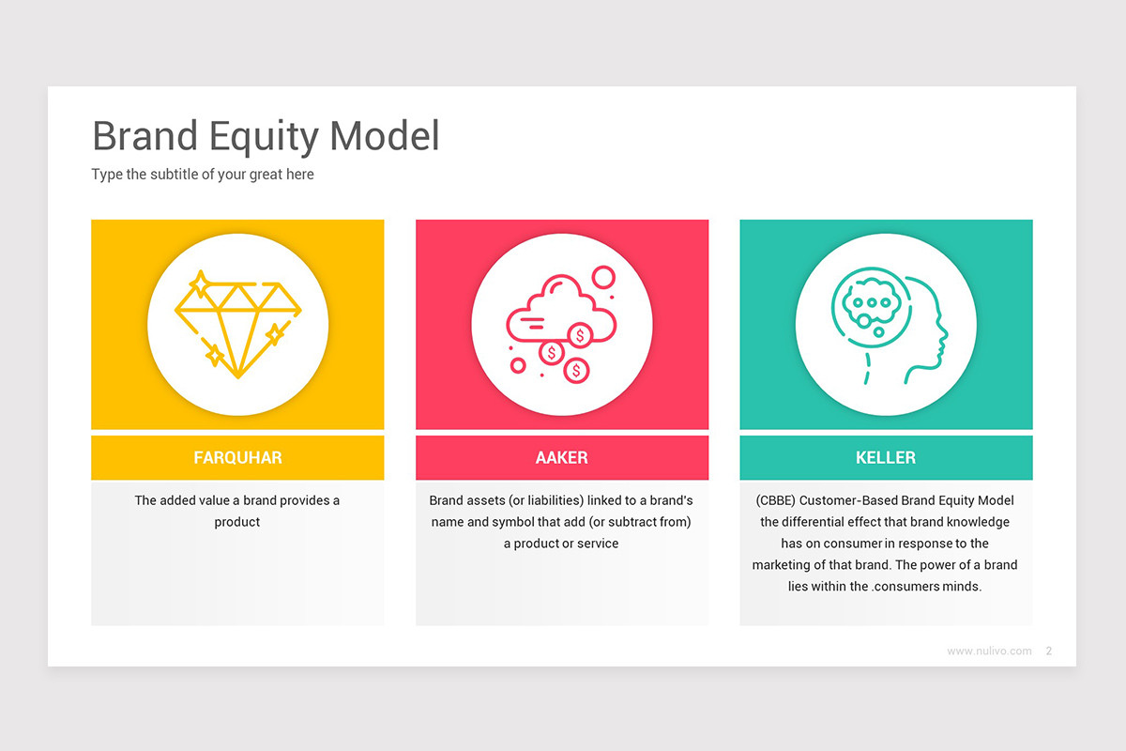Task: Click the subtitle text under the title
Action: tap(203, 175)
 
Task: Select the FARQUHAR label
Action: tap(237, 458)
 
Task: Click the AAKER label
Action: tap(561, 458)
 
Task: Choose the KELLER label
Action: tap(886, 458)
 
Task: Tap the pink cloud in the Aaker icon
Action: tap(559, 310)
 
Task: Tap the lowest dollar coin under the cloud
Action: tap(576, 371)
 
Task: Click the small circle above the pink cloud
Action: tap(602, 277)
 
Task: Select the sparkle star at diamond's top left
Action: tap(199, 284)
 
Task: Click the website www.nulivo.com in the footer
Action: tap(989, 651)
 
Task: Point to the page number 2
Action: tap(1048, 651)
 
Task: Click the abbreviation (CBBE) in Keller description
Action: tap(774, 500)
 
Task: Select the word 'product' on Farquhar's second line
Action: tap(237, 522)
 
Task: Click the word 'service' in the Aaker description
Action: tap(597, 544)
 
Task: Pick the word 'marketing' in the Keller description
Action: tap(781, 565)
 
